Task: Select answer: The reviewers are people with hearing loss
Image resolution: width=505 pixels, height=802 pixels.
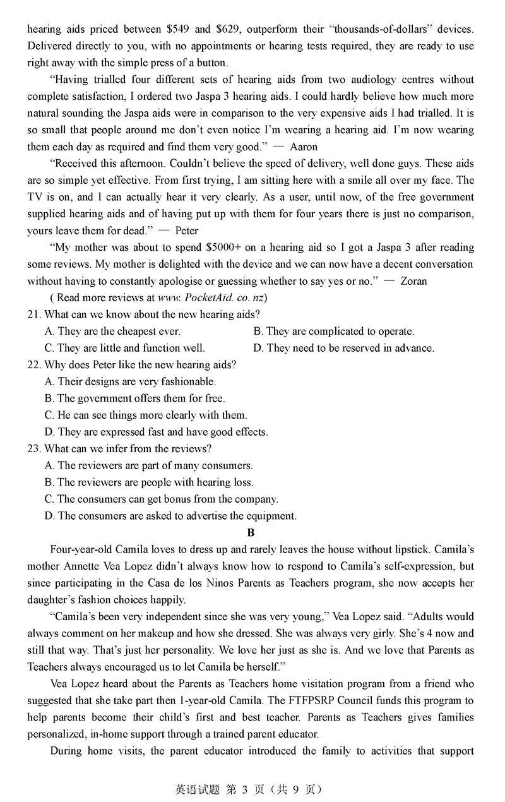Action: [150, 482]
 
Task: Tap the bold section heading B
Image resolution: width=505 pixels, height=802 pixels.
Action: [251, 533]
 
